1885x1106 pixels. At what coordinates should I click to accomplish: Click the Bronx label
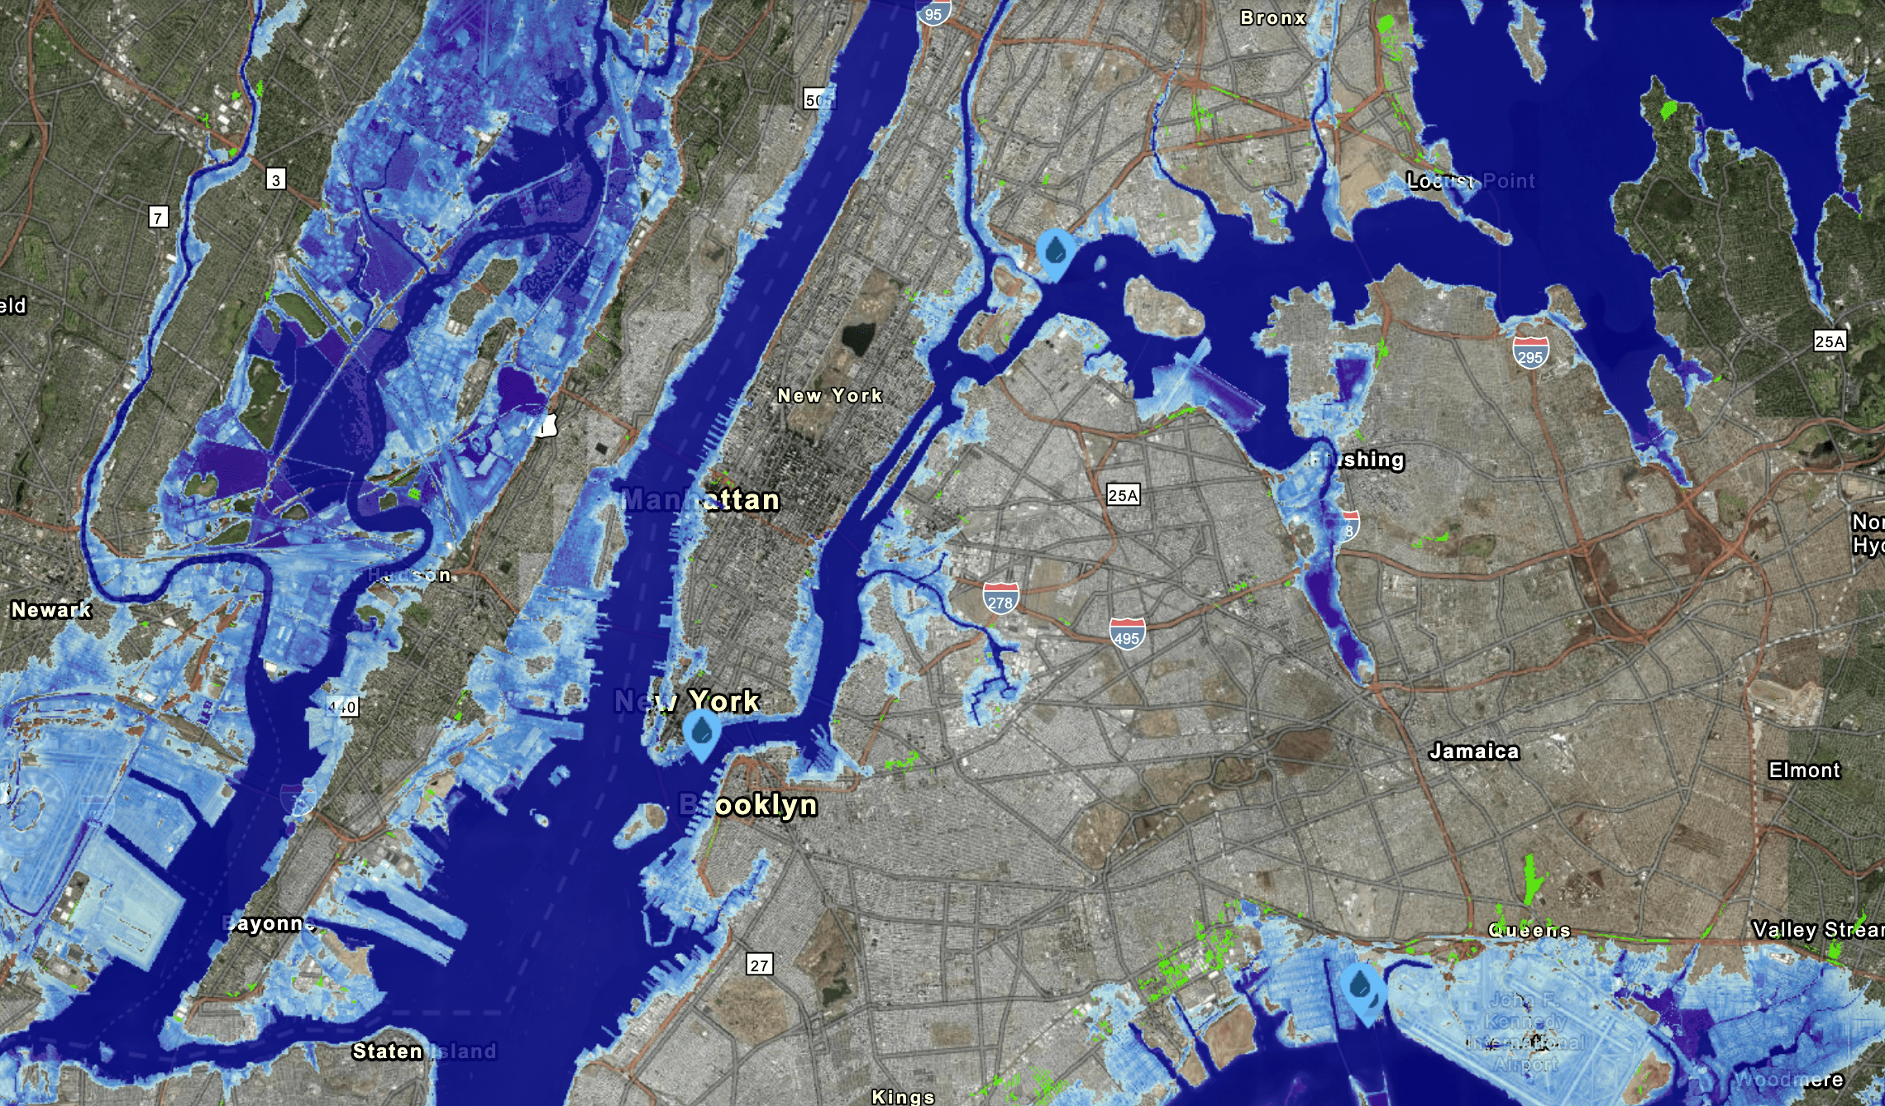click(x=1273, y=17)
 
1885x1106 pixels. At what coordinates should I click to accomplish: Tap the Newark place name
click(x=50, y=610)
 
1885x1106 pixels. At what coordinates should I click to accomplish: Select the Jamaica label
click(x=1474, y=751)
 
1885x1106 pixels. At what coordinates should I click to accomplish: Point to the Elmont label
click(x=1804, y=770)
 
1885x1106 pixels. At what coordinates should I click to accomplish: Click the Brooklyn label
click(x=748, y=804)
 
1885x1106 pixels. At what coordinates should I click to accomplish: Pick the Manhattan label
click(x=700, y=499)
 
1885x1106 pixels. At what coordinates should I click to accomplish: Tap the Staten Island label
click(x=424, y=1051)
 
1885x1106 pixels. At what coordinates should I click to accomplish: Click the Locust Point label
click(x=1470, y=180)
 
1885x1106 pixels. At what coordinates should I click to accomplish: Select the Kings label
click(x=903, y=1096)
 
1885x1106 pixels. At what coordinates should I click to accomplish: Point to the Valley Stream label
click(x=1817, y=930)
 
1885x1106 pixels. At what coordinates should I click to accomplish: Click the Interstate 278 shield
click(x=1000, y=598)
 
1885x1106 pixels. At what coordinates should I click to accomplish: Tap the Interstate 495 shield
click(x=1127, y=633)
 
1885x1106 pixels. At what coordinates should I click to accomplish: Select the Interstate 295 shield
click(x=1530, y=352)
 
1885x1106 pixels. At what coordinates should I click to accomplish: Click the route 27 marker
click(x=759, y=964)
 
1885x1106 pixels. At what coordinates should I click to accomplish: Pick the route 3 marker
click(x=276, y=179)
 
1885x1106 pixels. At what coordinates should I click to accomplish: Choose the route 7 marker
click(x=158, y=217)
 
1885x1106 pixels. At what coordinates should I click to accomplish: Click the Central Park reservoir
click(x=857, y=339)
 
